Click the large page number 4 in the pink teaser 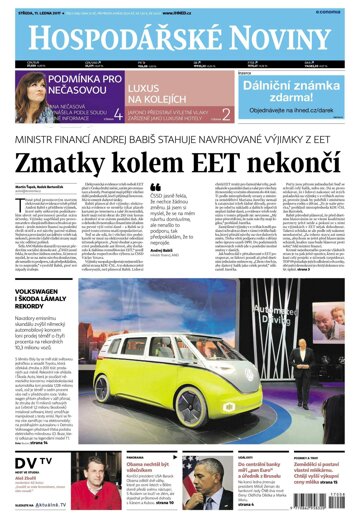tap(118, 114)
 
